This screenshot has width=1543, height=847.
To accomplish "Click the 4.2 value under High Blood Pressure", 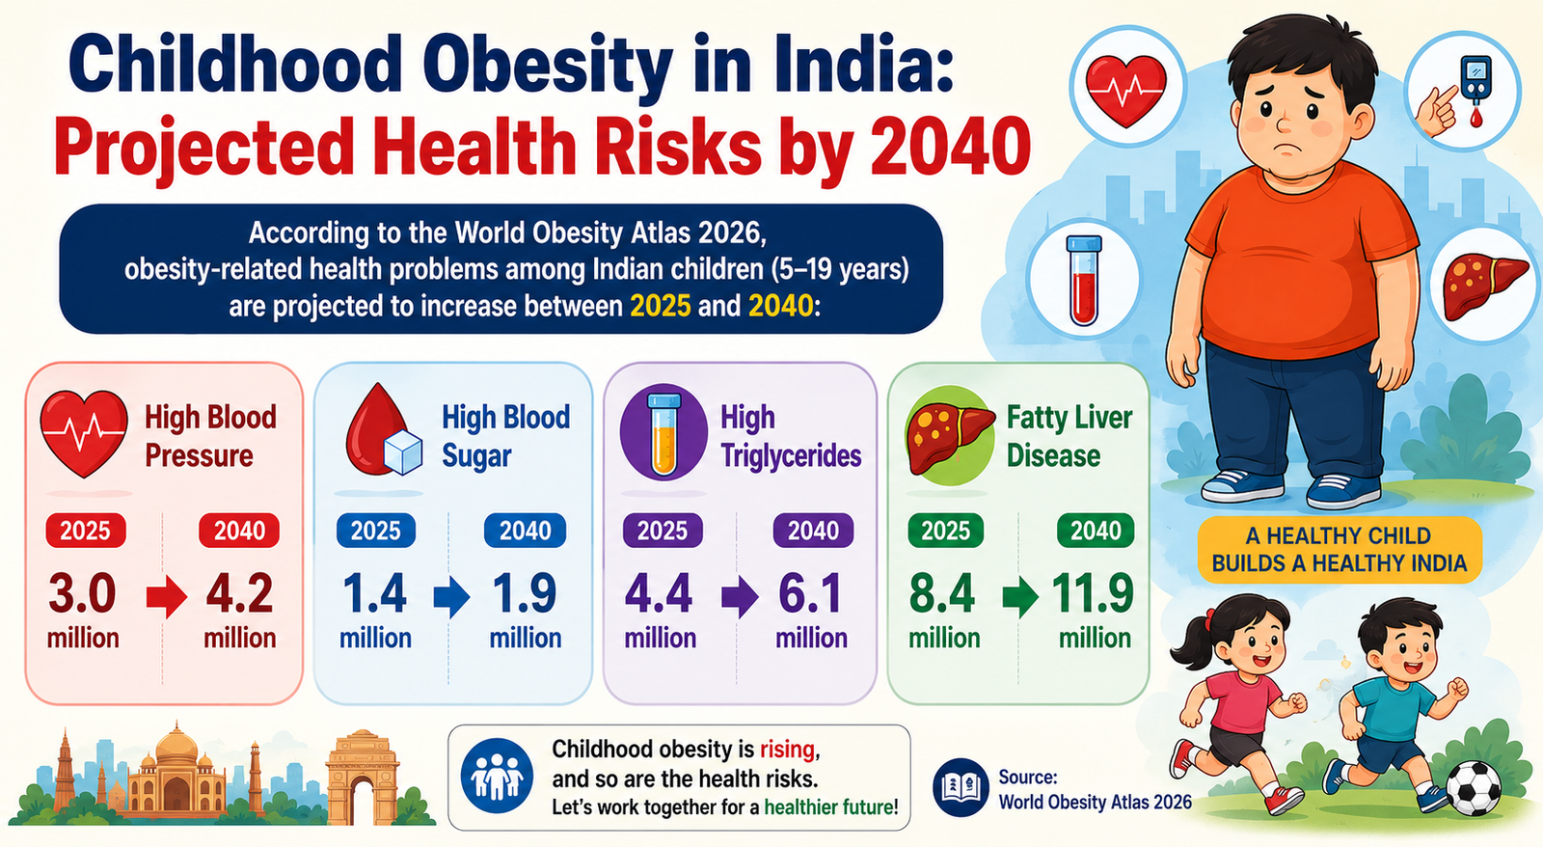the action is [240, 594].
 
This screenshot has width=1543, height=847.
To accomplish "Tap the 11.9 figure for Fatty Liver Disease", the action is [1094, 594].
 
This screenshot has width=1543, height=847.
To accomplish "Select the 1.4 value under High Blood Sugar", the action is [375, 594].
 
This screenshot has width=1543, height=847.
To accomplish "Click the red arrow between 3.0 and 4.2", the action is [167, 597].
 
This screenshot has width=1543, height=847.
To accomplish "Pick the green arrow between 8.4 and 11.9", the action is [1020, 597].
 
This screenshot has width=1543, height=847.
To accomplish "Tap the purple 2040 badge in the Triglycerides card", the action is [814, 531].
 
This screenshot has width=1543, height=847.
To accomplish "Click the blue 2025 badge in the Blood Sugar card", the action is [376, 531].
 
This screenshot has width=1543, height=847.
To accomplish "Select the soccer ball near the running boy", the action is [1474, 788].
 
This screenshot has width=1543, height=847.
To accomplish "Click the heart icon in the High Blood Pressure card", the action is [84, 433].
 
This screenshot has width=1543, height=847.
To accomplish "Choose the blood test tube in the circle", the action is [1084, 280].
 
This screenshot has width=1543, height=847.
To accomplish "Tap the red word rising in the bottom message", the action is [787, 750].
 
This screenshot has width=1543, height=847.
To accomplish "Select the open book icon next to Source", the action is [961, 788].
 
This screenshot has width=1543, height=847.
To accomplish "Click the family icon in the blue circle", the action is [497, 776].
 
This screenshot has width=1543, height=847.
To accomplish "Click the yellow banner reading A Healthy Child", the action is [1340, 550].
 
